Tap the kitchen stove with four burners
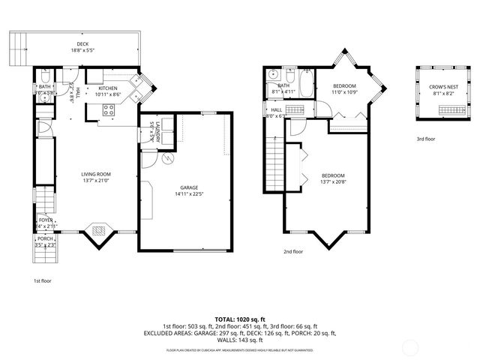click(x=107, y=110)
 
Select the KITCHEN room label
click(x=107, y=88)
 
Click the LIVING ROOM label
click(x=96, y=175)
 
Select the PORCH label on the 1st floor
click(x=45, y=239)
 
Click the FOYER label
click(x=45, y=220)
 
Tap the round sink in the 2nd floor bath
click(x=272, y=74)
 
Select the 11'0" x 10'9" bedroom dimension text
click(x=343, y=92)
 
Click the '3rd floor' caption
click(x=425, y=139)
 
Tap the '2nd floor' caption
click(x=293, y=252)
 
